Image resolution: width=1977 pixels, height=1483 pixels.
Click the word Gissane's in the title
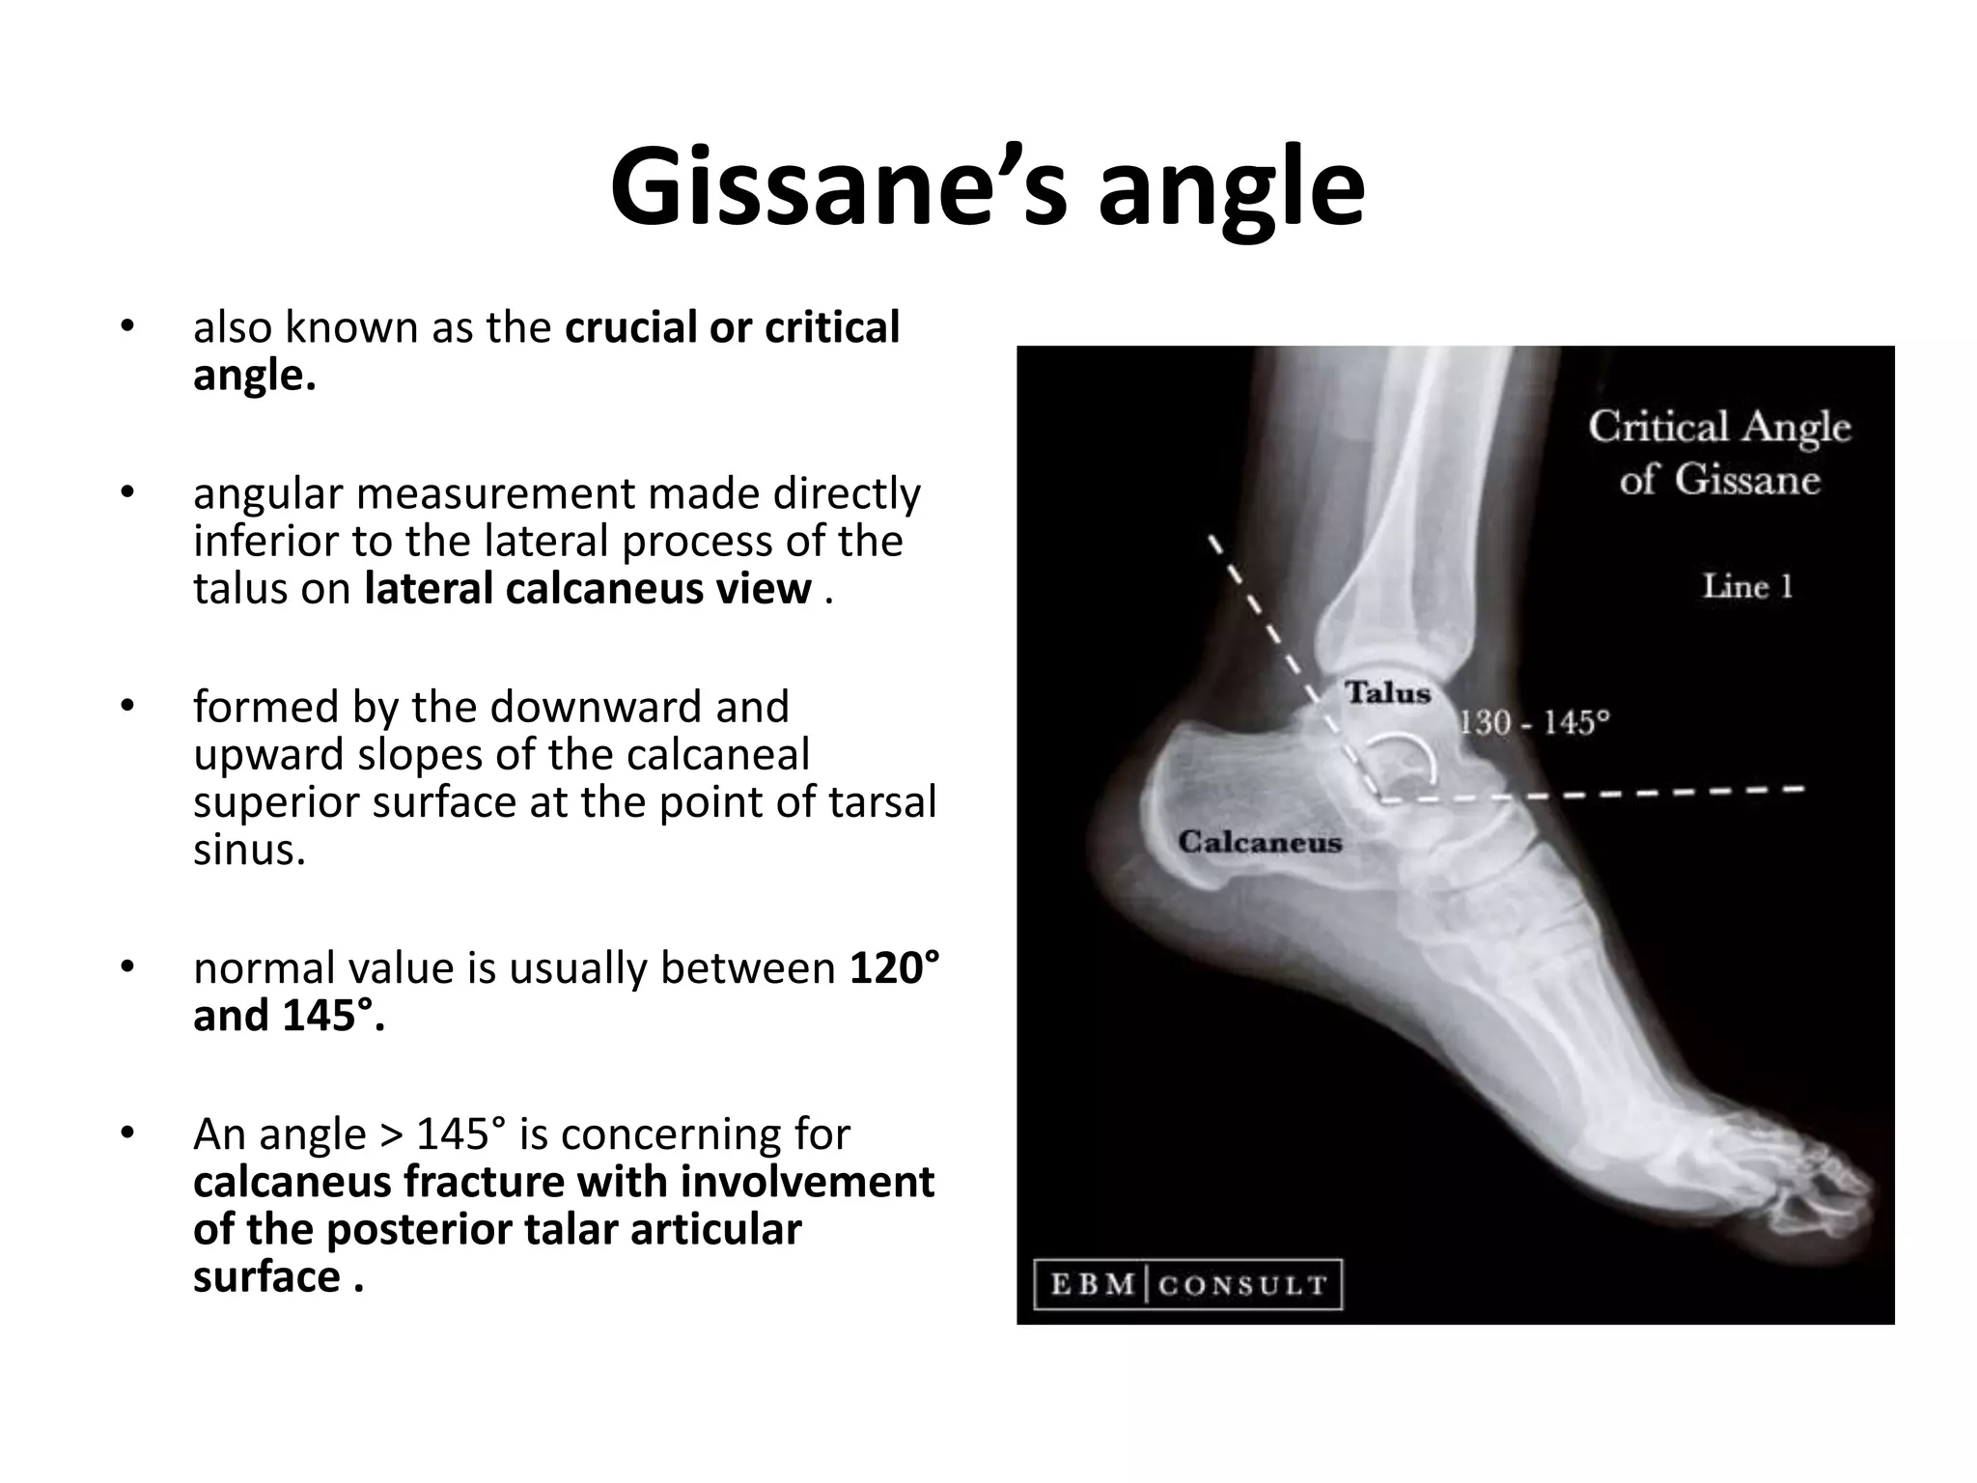tap(838, 187)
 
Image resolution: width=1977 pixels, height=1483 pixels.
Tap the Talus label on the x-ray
tap(1387, 692)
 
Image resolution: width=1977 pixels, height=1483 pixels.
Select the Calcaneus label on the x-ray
tap(1260, 842)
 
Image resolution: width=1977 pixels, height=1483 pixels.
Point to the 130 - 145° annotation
tap(1534, 721)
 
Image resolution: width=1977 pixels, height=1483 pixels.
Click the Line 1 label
tap(1746, 586)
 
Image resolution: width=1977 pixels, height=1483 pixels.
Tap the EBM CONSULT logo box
tap(1187, 1285)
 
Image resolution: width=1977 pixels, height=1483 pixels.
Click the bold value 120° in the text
tap(894, 967)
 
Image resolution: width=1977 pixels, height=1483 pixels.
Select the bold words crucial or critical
tap(732, 327)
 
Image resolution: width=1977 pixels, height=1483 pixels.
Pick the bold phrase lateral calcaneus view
tap(588, 588)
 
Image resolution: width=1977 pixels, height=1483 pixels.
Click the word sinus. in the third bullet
tap(249, 850)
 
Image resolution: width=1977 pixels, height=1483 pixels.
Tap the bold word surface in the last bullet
tap(266, 1276)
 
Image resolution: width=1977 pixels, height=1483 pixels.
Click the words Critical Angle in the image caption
tap(1719, 426)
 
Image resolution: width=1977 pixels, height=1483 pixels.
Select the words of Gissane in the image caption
tap(1719, 479)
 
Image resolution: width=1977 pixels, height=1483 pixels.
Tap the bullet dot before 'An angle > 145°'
tap(126, 1132)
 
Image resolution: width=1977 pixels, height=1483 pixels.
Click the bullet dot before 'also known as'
tap(126, 325)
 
